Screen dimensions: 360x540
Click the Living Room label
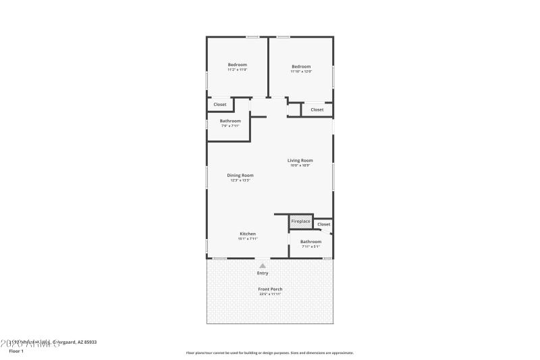click(300, 160)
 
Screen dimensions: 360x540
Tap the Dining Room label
click(240, 175)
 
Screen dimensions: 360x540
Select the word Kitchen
click(248, 234)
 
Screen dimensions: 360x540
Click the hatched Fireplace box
click(300, 222)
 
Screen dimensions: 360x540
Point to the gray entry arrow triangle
click(263, 265)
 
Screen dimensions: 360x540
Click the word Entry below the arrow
click(263, 273)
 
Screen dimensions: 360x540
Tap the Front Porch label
click(270, 289)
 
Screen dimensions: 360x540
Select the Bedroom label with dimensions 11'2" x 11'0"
click(237, 64)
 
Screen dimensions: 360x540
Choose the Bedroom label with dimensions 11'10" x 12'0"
click(301, 66)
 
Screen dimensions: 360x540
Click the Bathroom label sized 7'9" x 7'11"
click(230, 121)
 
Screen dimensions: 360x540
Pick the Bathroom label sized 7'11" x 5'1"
click(310, 241)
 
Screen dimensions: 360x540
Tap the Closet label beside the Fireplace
click(324, 224)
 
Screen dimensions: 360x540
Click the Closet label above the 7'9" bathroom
click(220, 104)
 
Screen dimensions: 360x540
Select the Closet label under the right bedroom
click(317, 109)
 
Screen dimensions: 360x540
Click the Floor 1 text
click(16, 351)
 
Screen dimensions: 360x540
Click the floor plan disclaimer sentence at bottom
click(269, 353)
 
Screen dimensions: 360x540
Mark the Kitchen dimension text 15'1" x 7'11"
click(248, 238)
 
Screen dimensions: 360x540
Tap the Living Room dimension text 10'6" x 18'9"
click(300, 165)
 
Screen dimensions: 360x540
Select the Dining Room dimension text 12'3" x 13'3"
click(240, 180)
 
